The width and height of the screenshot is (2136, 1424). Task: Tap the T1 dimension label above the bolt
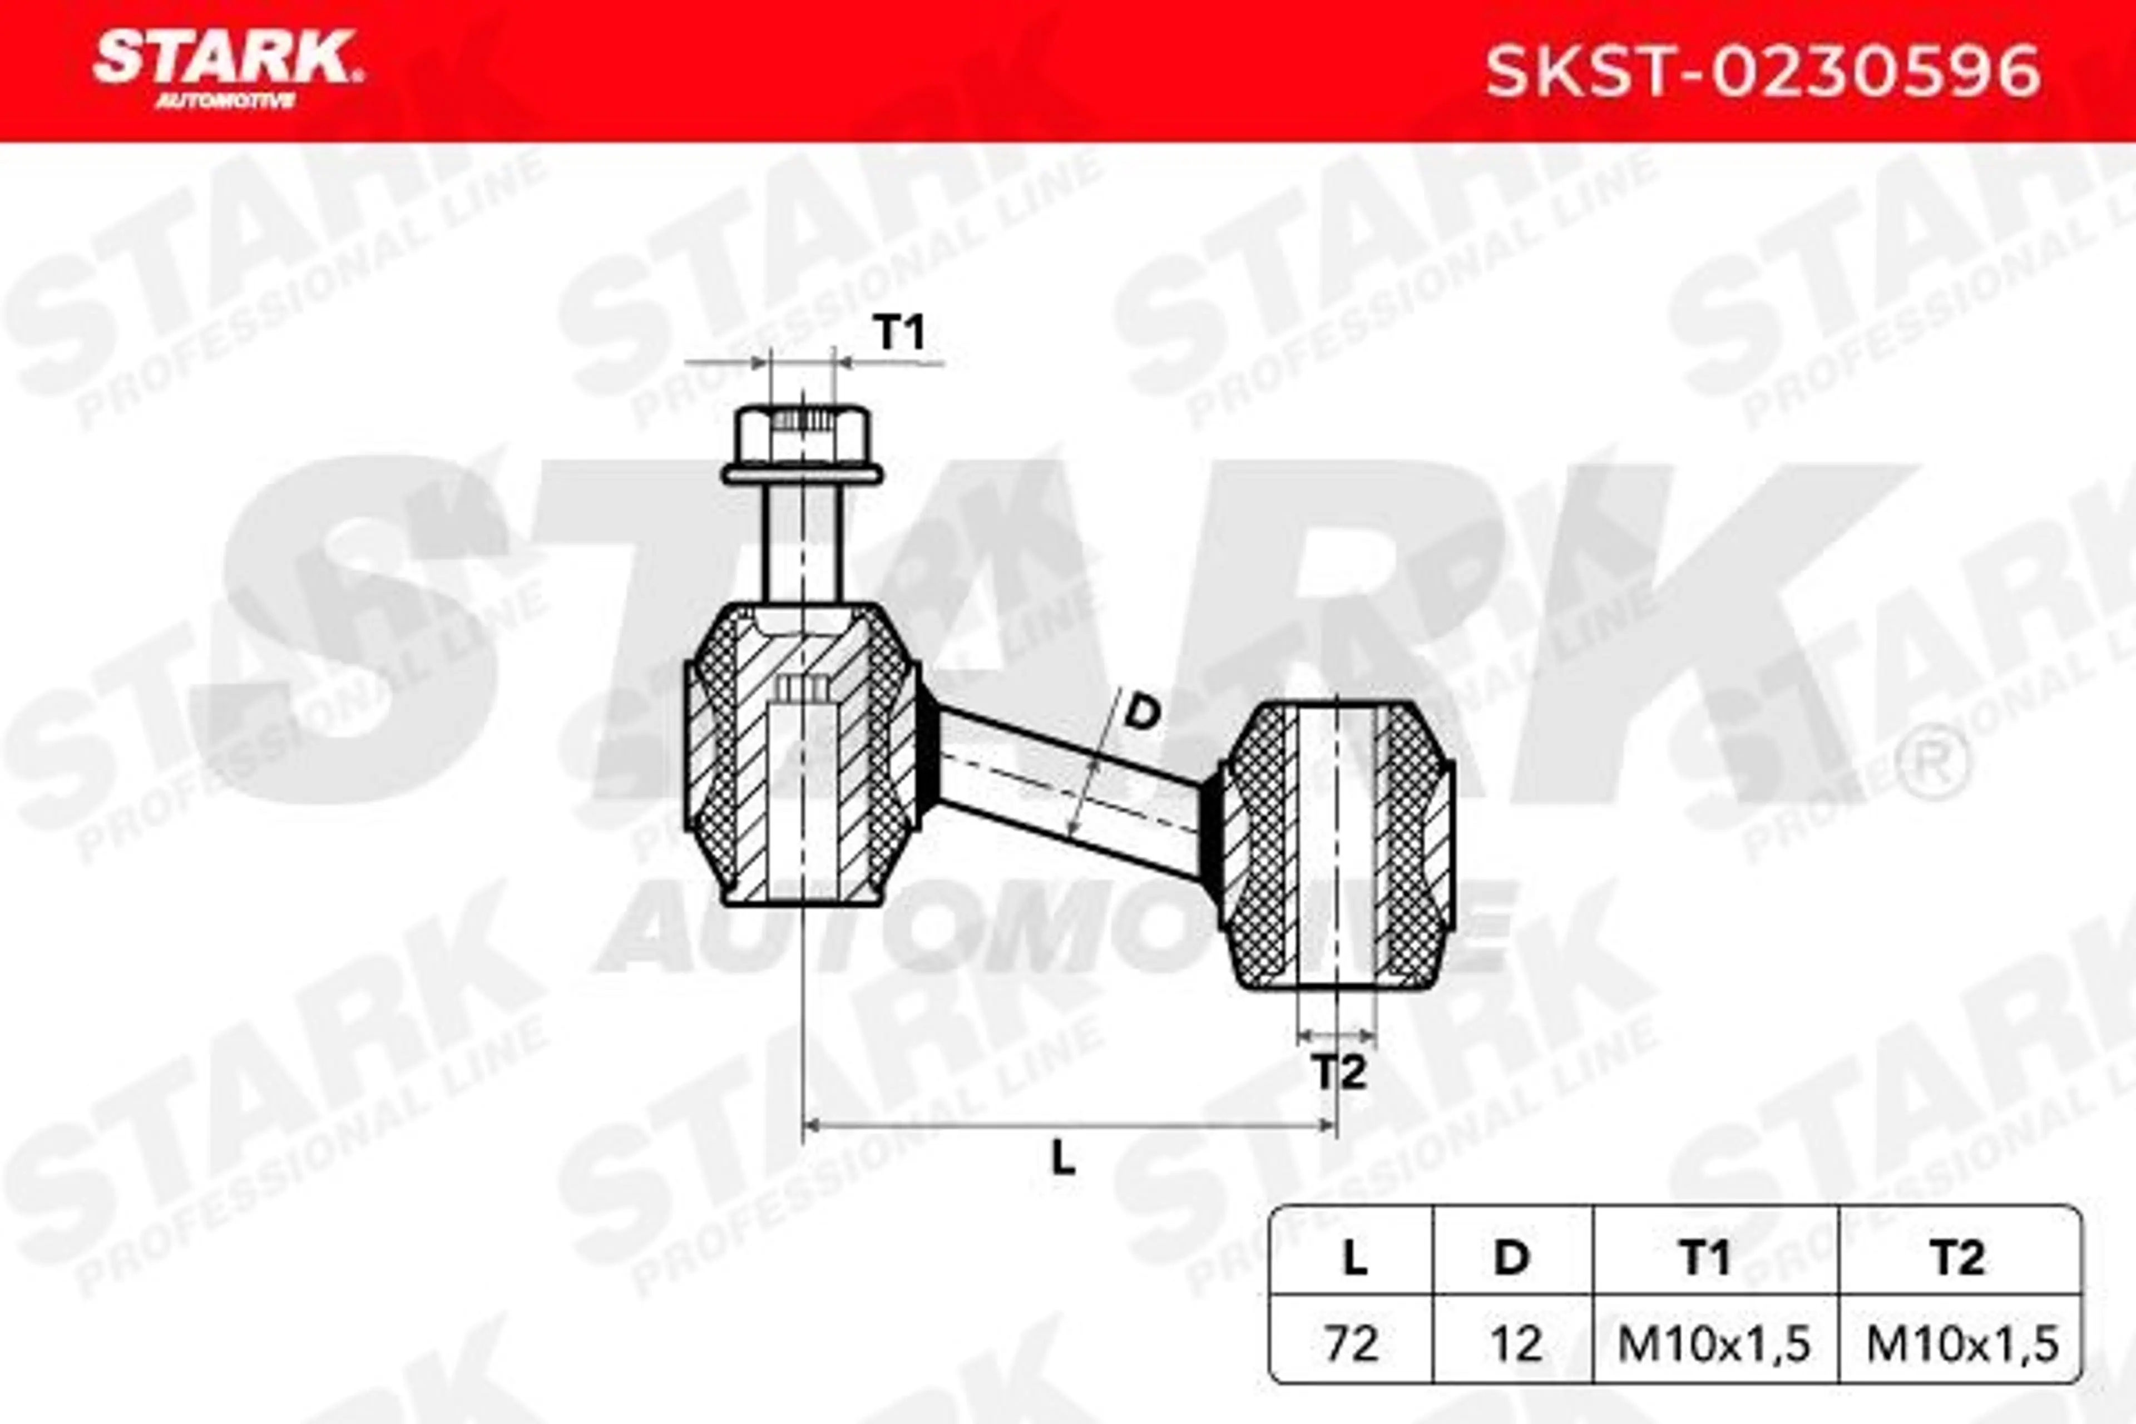(x=899, y=333)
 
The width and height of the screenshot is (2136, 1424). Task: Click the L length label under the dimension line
(x=1064, y=1157)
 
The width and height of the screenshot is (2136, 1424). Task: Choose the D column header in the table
(x=1512, y=1259)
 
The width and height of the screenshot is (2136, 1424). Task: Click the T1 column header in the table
(x=1704, y=1259)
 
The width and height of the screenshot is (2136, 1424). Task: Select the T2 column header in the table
(x=1958, y=1259)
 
